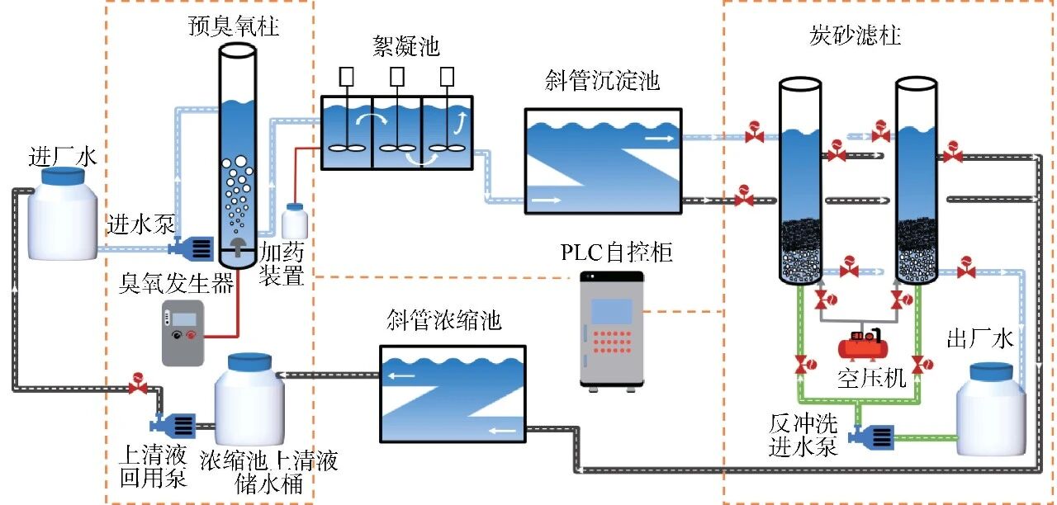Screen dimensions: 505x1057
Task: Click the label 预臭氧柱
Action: pyautogui.click(x=233, y=27)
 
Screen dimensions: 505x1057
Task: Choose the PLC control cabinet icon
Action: pyautogui.click(x=611, y=329)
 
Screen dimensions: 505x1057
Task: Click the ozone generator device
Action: pyautogui.click(x=182, y=333)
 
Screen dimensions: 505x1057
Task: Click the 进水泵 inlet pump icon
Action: pyautogui.click(x=192, y=245)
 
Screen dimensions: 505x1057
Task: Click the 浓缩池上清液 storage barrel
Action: pyautogui.click(x=249, y=399)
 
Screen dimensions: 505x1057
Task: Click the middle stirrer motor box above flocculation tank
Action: pyautogui.click(x=397, y=77)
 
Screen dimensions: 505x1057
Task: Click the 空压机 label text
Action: pyautogui.click(x=871, y=378)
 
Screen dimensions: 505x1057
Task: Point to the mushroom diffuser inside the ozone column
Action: pyautogui.click(x=237, y=247)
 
